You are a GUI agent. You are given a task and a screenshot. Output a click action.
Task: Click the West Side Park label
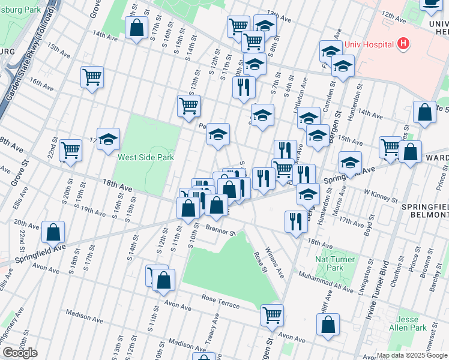pos(146,158)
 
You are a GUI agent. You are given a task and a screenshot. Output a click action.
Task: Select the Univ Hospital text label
pos(369,44)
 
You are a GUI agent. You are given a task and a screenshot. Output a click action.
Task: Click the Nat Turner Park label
pos(335,264)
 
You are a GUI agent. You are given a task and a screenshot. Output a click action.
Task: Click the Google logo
pos(20,353)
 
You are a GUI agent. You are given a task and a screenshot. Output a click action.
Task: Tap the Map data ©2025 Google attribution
pos(411,355)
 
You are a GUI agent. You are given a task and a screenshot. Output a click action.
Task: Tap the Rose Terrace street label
pos(220,302)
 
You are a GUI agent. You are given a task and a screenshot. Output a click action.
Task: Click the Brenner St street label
pos(220,231)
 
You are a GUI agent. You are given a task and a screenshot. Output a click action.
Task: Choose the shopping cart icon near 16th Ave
pos(92,76)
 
